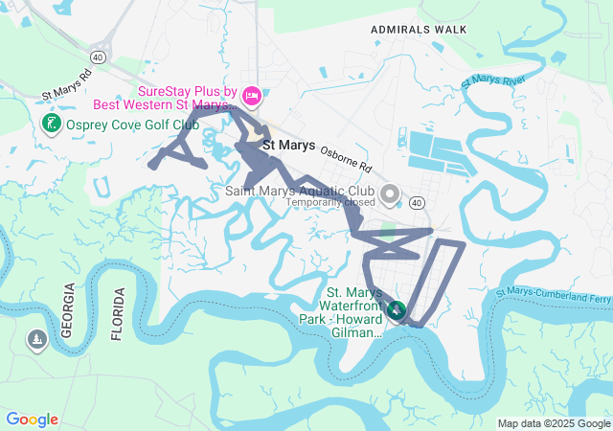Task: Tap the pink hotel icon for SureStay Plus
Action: pos(252,94)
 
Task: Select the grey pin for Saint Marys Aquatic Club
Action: pos(390,195)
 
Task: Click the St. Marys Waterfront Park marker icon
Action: pos(397,311)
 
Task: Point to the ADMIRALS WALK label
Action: pos(420,30)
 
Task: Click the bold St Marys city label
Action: pos(288,147)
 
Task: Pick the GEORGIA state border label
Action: pos(68,311)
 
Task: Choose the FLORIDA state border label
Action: pos(118,313)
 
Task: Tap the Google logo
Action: pos(33,420)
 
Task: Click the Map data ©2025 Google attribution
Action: pos(554,423)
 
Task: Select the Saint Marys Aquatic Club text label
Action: pos(300,191)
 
